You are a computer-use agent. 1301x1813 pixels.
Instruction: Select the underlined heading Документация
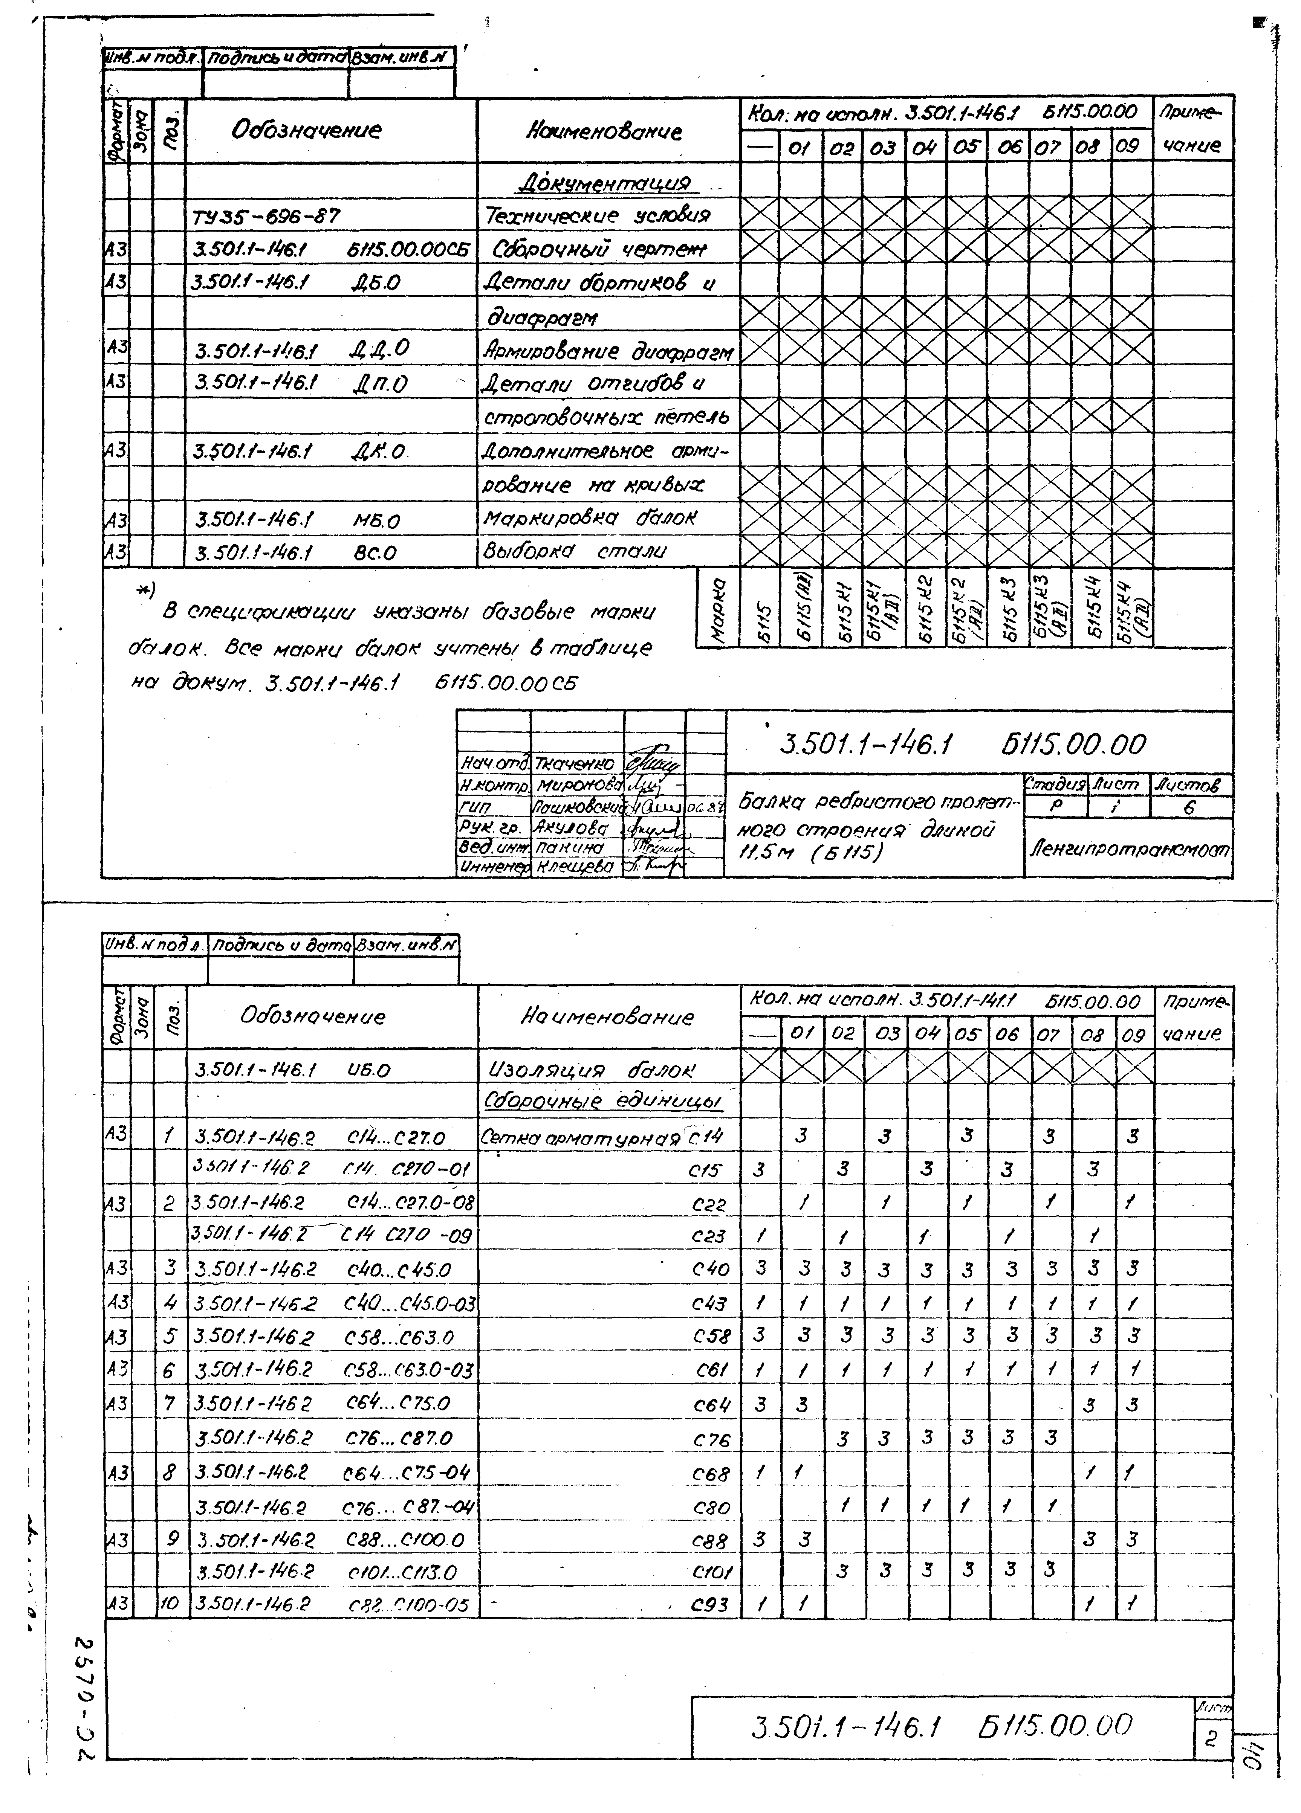tap(604, 183)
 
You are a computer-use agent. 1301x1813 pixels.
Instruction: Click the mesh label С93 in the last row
tap(709, 1604)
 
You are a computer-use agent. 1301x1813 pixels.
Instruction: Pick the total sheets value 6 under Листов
tap(1189, 807)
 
